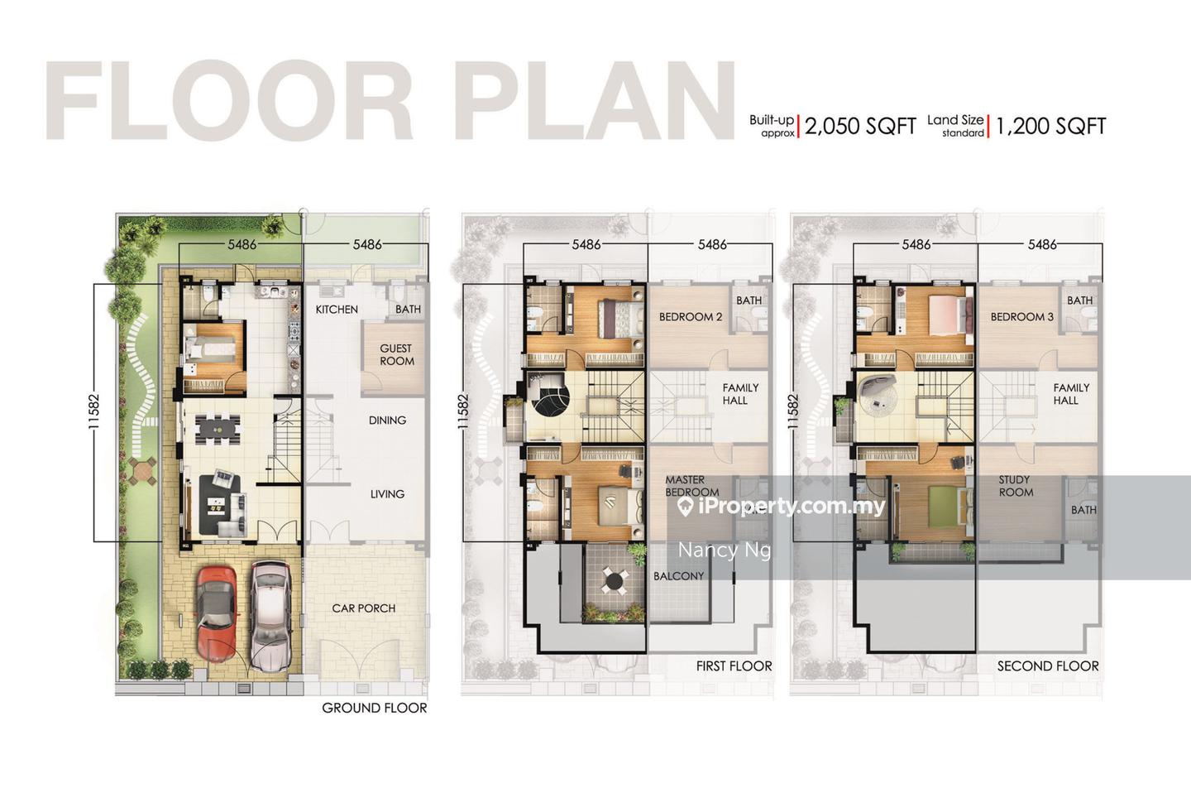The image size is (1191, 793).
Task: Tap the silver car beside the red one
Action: [x=270, y=616]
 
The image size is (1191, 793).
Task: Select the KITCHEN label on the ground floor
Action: [x=337, y=310]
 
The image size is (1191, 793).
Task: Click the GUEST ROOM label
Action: [x=396, y=354]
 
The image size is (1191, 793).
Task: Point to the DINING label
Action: [x=387, y=421]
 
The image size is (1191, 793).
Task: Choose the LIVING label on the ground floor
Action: [x=387, y=494]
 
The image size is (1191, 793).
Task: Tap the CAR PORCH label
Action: [x=364, y=608]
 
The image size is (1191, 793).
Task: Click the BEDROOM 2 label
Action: [x=691, y=317]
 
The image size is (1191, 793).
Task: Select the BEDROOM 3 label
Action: [x=1022, y=317]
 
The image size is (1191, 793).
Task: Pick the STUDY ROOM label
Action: [x=1016, y=486]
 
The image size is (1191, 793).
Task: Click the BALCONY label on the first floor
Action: [x=678, y=576]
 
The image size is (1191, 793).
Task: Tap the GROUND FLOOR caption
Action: [x=375, y=708]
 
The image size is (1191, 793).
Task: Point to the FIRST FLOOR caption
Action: [x=734, y=666]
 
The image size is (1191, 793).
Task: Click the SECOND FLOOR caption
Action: [x=1048, y=666]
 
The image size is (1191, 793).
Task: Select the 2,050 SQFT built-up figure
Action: [x=860, y=126]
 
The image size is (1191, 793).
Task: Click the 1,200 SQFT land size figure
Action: [x=1050, y=126]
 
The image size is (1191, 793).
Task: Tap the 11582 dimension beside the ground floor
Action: [x=94, y=411]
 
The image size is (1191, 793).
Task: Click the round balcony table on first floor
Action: [x=614, y=579]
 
